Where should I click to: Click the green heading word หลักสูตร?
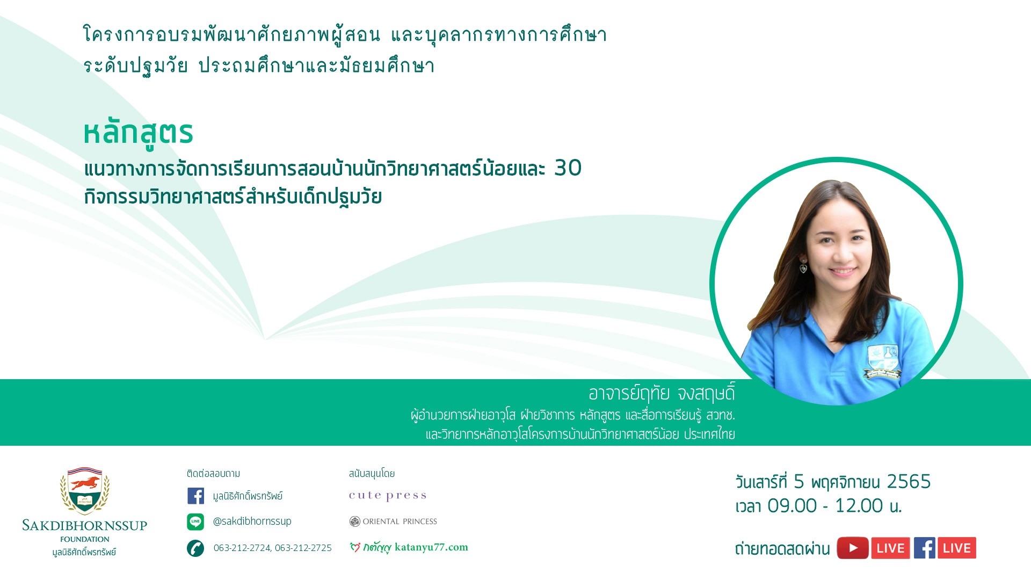pos(138,133)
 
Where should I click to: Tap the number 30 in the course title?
pos(568,168)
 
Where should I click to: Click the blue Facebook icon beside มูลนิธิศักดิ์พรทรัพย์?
pos(195,496)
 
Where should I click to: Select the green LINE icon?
pos(195,521)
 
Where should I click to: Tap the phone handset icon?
pos(195,548)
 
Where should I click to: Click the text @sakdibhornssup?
pos(252,521)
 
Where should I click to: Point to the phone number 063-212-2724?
pos(242,548)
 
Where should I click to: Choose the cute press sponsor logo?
pos(388,496)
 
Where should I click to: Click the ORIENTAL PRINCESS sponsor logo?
pos(393,521)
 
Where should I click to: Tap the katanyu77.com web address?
pos(431,547)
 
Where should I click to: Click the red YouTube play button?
pos(853,548)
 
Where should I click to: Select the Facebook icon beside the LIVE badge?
pos(925,548)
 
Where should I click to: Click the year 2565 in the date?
pos(909,482)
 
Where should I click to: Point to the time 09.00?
pos(792,506)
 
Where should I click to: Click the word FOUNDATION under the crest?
pos(85,539)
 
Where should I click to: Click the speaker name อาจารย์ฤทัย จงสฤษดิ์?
pos(662,394)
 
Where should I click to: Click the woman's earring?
pos(803,266)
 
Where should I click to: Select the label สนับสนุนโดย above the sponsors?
pos(372,474)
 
